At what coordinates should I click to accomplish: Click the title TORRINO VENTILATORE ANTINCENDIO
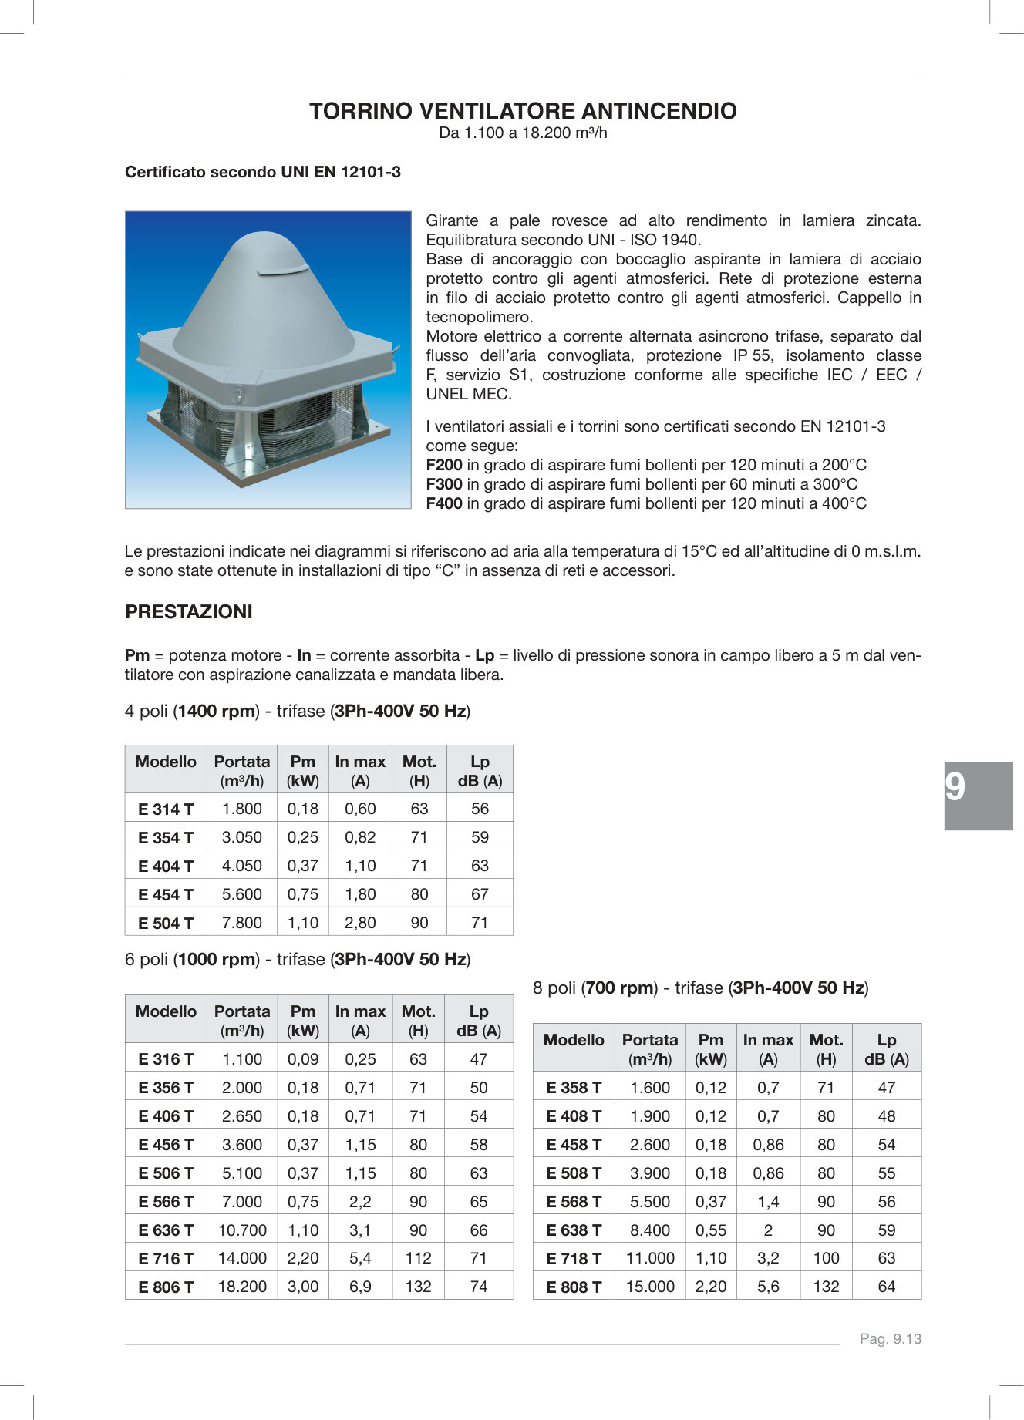point(523,111)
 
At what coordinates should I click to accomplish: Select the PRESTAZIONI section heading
point(189,612)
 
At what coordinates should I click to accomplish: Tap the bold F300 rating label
point(443,484)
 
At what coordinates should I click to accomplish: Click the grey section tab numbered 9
point(978,796)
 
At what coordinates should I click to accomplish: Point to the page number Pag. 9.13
point(890,1339)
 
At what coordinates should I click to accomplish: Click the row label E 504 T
point(166,923)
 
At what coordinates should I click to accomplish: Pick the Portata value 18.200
point(242,1287)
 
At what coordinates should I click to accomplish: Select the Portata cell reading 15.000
point(650,1287)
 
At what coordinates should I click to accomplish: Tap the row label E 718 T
point(574,1259)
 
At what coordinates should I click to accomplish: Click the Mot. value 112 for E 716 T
point(418,1258)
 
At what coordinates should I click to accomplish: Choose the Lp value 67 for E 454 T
point(480,894)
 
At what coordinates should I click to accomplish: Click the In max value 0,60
point(360,809)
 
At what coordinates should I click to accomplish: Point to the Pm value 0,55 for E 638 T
point(711,1230)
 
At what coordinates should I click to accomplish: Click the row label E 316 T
point(166,1059)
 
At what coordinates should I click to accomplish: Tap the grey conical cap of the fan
point(262,308)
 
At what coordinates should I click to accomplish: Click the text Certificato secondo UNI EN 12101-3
point(263,172)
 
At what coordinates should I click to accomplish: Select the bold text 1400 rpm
point(217,712)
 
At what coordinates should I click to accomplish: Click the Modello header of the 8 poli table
point(574,1040)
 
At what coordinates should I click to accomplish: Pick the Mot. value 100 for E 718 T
point(826,1258)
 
